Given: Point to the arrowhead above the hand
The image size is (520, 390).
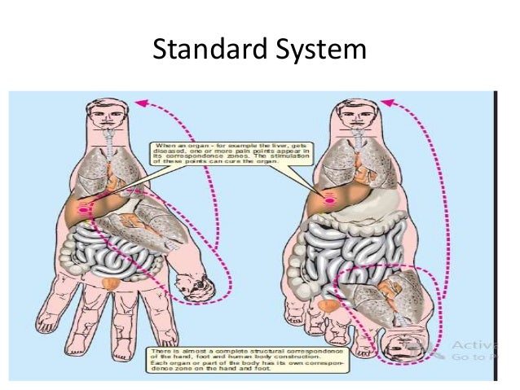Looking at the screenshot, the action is point(141,103).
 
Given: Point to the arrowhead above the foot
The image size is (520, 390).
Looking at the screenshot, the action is point(386,103).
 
